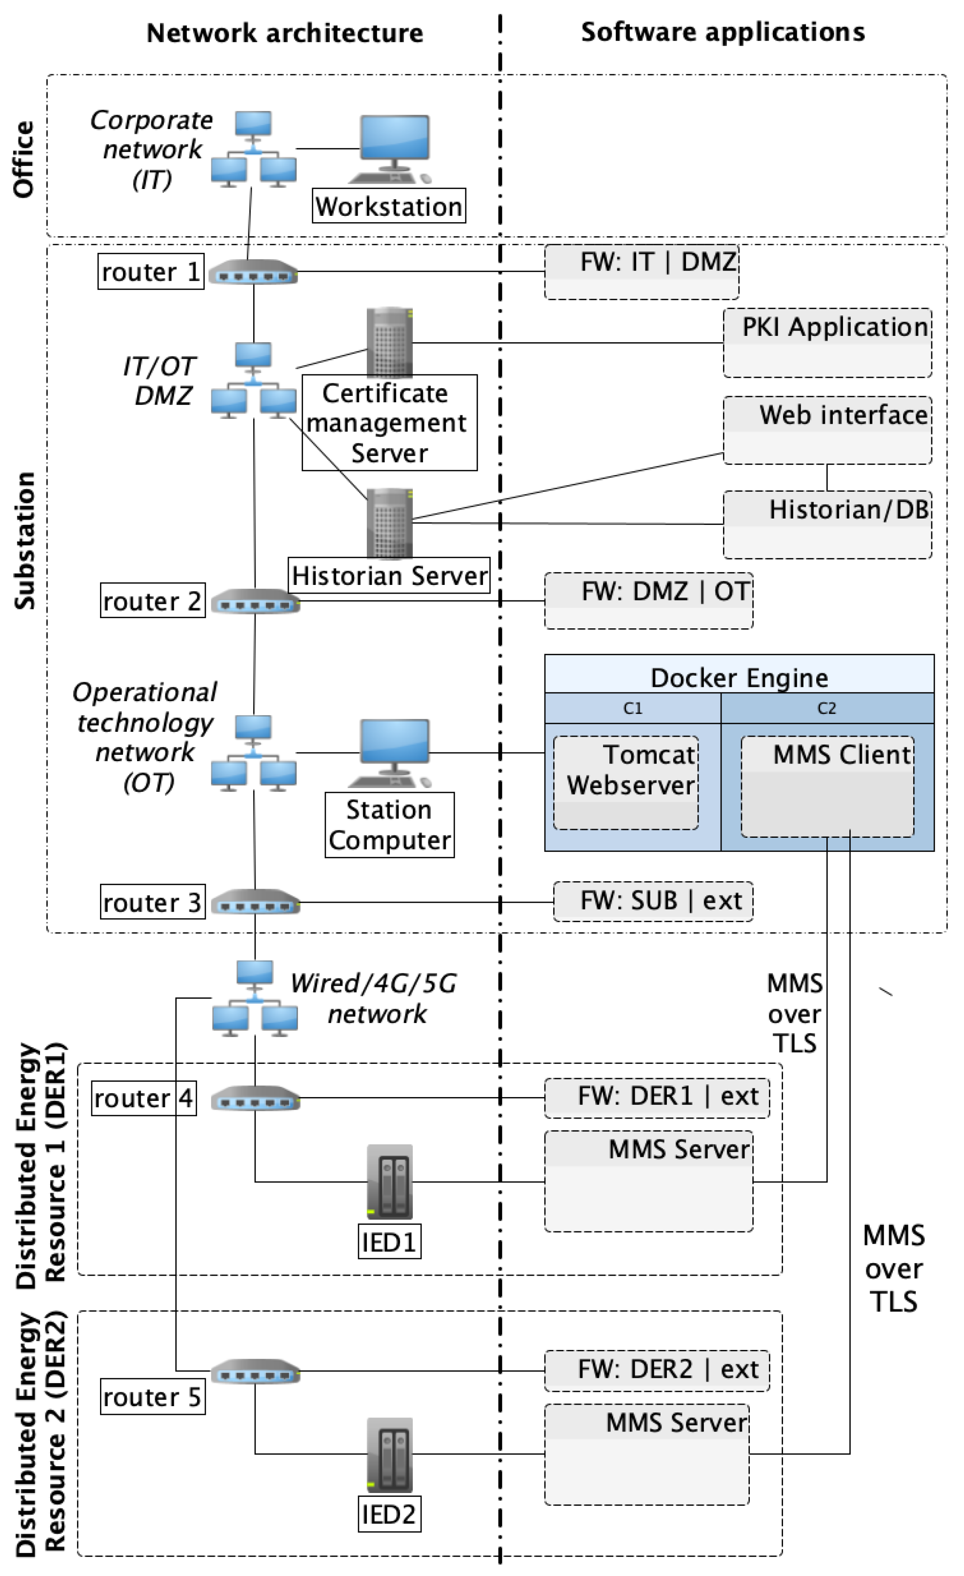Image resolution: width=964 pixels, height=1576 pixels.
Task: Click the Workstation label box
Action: click(389, 206)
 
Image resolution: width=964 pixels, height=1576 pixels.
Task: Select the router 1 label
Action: click(151, 272)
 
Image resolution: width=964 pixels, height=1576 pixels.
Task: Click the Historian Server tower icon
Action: click(389, 523)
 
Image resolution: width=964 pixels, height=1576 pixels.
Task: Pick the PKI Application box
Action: click(827, 343)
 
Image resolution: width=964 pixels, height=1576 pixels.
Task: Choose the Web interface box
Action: click(827, 430)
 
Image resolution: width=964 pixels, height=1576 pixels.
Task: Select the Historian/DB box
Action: click(827, 524)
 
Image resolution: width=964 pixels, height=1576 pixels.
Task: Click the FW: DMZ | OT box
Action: click(648, 601)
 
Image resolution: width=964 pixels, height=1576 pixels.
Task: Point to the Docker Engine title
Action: click(739, 677)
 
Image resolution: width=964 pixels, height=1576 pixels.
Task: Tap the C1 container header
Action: click(632, 708)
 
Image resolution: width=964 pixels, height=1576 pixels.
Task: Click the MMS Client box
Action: click(827, 786)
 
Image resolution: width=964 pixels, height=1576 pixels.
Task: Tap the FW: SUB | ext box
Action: click(653, 901)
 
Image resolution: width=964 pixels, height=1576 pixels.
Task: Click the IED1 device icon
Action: click(389, 1182)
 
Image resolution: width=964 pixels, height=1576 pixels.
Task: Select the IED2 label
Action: click(389, 1514)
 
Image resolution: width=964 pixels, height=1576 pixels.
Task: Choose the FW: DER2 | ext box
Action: click(657, 1370)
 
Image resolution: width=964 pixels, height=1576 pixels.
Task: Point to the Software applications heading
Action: click(723, 32)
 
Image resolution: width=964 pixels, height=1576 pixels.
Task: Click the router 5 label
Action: click(152, 1397)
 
